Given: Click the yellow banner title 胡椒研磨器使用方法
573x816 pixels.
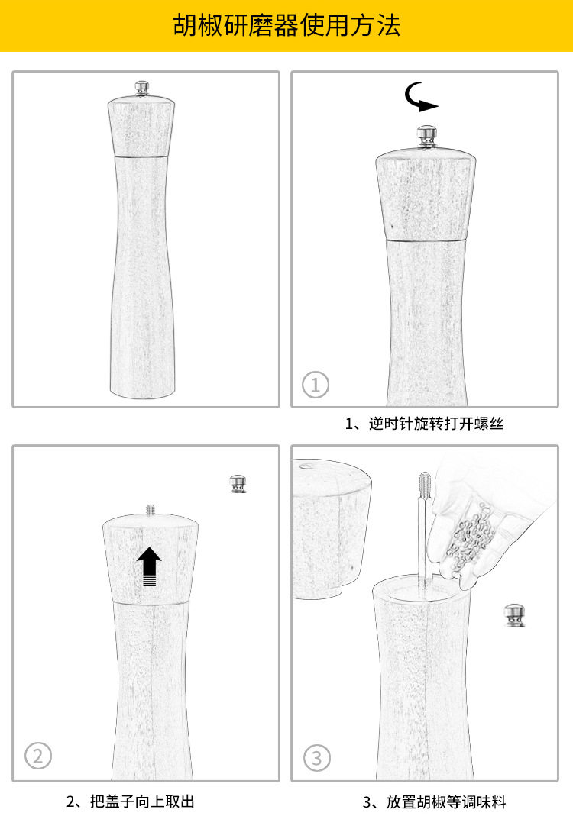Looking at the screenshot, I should pyautogui.click(x=286, y=26).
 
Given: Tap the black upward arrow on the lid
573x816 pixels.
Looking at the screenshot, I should pyautogui.click(x=150, y=566).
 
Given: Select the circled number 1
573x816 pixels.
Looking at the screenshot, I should pyautogui.click(x=316, y=384).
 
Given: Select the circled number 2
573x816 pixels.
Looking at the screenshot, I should pyautogui.click(x=38, y=756).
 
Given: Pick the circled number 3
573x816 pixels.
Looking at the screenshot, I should pyautogui.click(x=317, y=758).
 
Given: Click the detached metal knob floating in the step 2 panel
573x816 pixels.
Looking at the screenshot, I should pyautogui.click(x=238, y=483).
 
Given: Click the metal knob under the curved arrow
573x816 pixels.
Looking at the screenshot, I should pyautogui.click(x=426, y=135).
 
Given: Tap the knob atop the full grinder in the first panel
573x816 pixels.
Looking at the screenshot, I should pyautogui.click(x=142, y=89).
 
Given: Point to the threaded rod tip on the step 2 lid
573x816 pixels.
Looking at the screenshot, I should pyautogui.click(x=150, y=508).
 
